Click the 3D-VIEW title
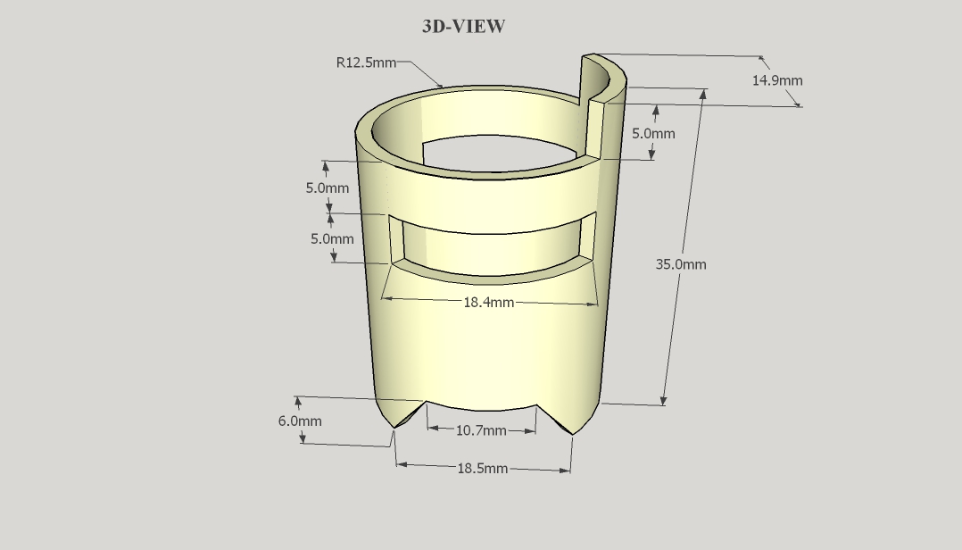pos(463,27)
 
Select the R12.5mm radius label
pos(366,62)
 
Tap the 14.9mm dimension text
pos(776,80)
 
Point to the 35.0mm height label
pos(681,264)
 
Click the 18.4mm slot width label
pos(488,303)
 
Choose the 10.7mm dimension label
pos(481,430)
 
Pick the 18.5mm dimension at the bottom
pos(483,469)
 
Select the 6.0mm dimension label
pos(300,421)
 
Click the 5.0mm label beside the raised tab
pos(653,134)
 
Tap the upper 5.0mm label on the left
pos(328,188)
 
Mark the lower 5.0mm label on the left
pos(332,239)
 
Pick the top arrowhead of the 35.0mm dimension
pos(703,95)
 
